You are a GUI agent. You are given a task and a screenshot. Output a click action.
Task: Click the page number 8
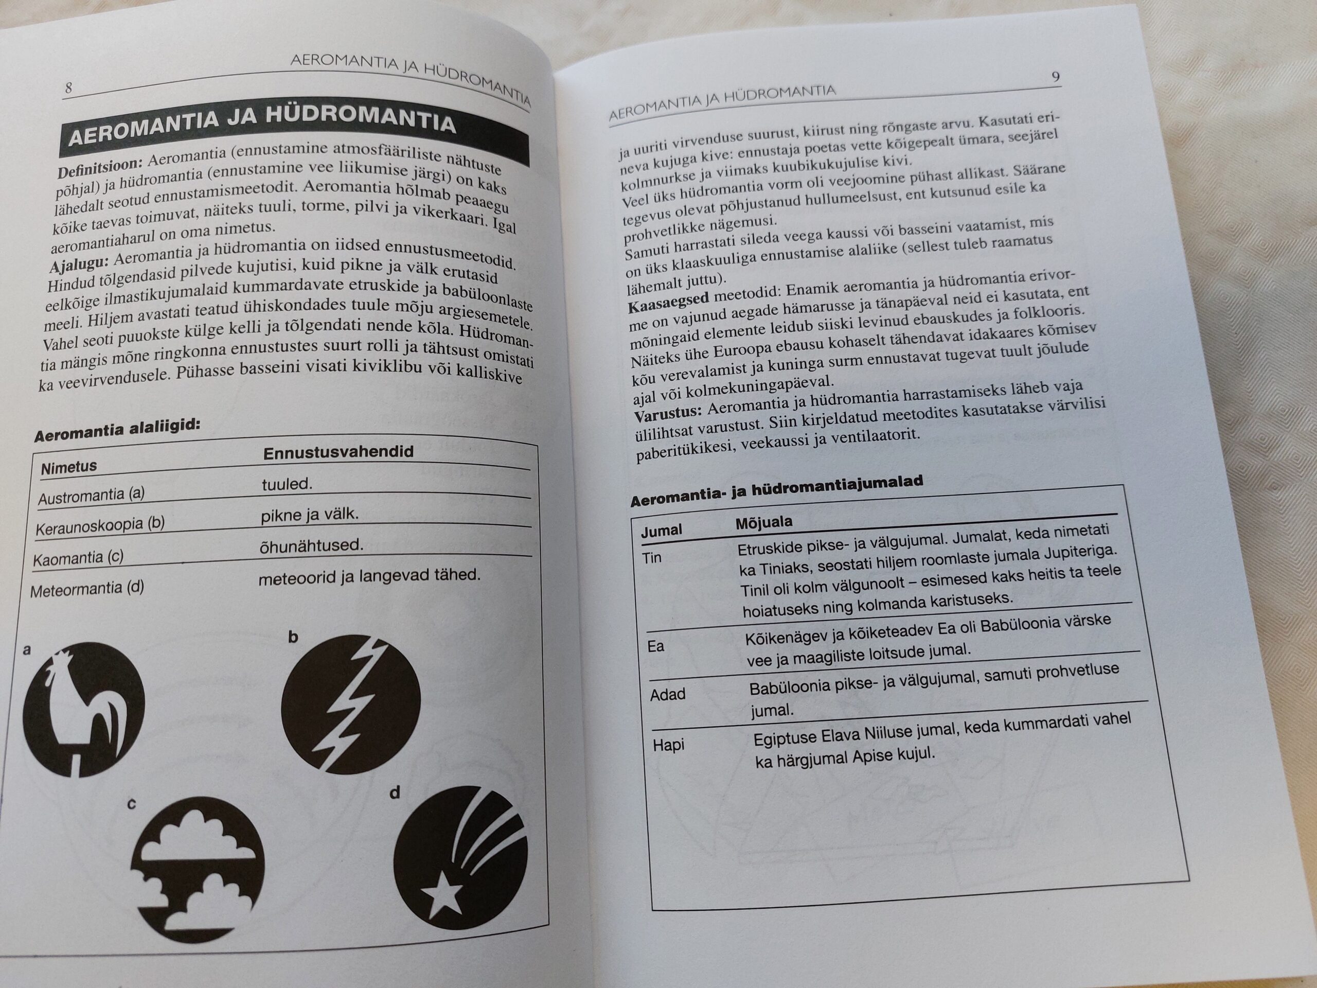click(68, 88)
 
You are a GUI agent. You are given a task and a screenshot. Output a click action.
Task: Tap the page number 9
click(1056, 77)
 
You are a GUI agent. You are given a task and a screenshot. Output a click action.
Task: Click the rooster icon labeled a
click(83, 709)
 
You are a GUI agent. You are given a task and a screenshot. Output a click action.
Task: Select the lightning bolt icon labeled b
click(351, 704)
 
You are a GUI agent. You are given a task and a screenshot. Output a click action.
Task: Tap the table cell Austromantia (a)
click(91, 496)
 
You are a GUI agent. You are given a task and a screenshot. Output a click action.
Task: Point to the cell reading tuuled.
click(287, 484)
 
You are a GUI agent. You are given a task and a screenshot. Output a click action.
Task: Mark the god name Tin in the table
click(652, 558)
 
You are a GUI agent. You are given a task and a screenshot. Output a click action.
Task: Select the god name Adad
click(667, 694)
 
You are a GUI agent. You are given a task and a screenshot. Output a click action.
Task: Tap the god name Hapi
click(668, 745)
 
